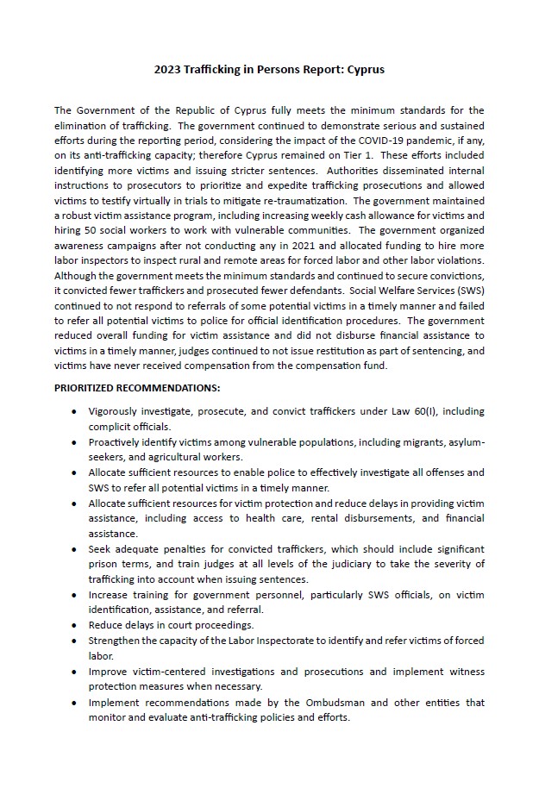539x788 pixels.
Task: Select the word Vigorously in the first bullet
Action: point(115,411)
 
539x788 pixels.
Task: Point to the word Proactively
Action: point(117,442)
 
